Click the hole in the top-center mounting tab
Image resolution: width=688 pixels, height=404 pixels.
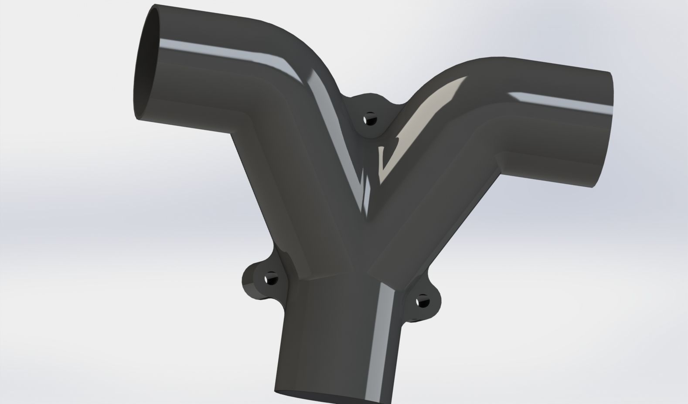click(370, 119)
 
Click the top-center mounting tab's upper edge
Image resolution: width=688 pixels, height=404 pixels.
click(371, 95)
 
